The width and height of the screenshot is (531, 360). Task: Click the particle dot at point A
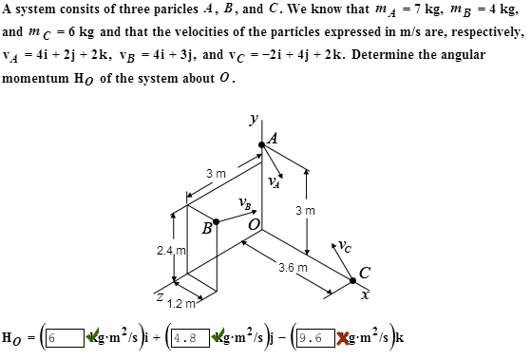tap(263, 145)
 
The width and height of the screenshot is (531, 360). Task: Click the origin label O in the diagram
tap(254, 224)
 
